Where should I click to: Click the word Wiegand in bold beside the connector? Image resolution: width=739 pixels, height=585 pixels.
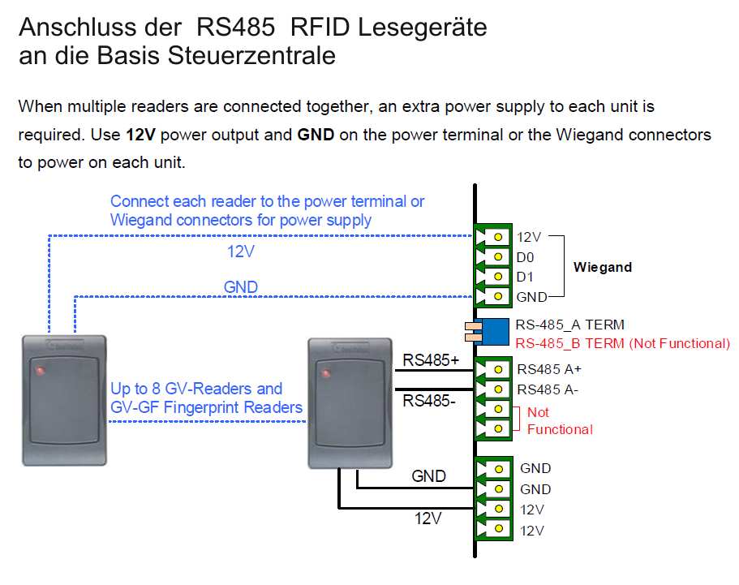coord(602,267)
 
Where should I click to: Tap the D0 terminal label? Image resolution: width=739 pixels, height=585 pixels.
coord(526,257)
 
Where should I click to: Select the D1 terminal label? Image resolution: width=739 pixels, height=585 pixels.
coord(526,277)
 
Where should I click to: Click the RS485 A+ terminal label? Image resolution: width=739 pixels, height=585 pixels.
coord(548,369)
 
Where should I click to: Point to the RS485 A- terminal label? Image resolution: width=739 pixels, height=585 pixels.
coord(547,389)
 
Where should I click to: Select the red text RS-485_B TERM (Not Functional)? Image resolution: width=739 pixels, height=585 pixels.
coord(622,344)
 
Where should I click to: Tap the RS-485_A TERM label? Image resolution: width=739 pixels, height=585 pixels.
coord(569,325)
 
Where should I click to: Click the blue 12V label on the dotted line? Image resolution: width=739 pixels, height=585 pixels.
coord(241,252)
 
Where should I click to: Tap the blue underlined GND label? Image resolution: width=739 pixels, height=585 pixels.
coord(240,287)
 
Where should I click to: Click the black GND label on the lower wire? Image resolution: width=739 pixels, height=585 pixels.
coord(428,476)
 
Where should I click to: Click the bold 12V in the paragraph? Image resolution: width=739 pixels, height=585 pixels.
coord(141,134)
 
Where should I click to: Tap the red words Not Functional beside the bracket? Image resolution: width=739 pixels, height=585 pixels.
coord(560,421)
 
